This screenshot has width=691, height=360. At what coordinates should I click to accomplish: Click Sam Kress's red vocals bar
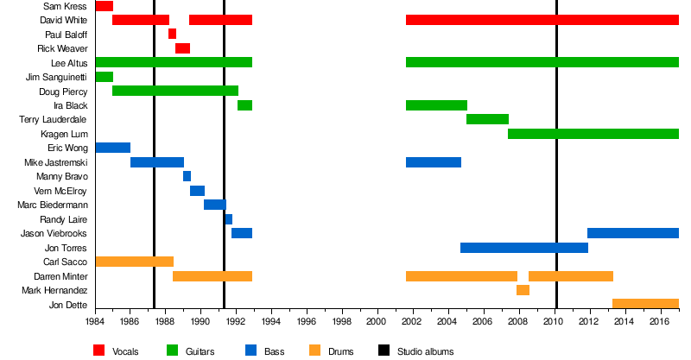104,6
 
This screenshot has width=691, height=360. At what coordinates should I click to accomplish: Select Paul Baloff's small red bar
172,35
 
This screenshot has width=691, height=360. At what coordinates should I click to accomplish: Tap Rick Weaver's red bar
182,48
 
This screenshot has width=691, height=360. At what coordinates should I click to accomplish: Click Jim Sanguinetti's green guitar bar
104,77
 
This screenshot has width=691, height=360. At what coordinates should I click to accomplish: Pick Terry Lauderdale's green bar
487,119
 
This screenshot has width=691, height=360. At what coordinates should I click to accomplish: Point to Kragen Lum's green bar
593,134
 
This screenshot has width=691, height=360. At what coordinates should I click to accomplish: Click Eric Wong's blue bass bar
112,148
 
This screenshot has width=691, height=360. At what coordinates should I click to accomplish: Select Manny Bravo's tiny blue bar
187,176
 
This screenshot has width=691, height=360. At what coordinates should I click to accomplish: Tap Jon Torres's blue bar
523,248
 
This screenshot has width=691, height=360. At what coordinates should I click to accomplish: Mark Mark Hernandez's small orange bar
523,290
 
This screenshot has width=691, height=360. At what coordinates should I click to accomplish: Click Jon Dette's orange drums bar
645,304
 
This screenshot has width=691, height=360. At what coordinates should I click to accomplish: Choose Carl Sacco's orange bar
134,262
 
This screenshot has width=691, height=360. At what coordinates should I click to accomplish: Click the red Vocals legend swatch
99,351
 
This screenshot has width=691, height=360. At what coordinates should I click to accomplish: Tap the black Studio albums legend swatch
384,351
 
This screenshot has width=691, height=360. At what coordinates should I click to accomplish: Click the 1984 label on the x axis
95,321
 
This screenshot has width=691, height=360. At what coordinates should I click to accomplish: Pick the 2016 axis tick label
660,321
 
